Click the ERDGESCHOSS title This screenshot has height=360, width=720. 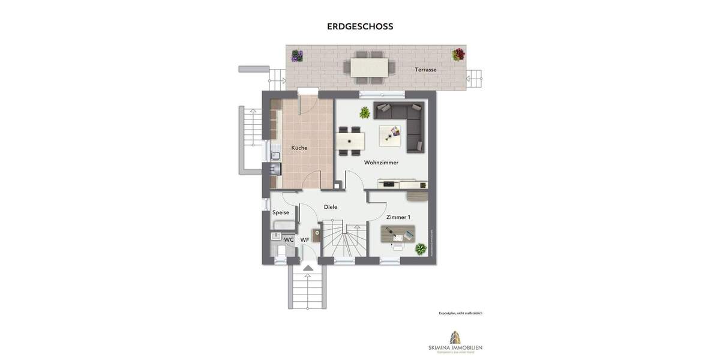(x=360, y=26)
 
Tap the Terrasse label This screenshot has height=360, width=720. (x=425, y=70)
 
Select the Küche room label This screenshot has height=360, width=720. (x=299, y=148)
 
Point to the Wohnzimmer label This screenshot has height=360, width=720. (x=381, y=163)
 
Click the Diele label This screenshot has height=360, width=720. (x=331, y=207)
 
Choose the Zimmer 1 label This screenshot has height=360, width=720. (x=398, y=217)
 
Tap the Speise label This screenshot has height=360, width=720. (x=281, y=212)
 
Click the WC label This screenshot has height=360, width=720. (x=289, y=240)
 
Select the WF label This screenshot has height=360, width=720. (x=305, y=240)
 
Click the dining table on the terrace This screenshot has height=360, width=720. (x=368, y=67)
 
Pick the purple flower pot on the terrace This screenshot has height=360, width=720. (x=297, y=56)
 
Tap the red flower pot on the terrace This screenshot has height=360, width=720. (x=458, y=55)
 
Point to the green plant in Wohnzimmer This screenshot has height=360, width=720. (x=364, y=112)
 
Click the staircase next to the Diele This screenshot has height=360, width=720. (x=343, y=241)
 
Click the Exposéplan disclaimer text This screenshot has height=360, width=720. (x=460, y=313)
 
